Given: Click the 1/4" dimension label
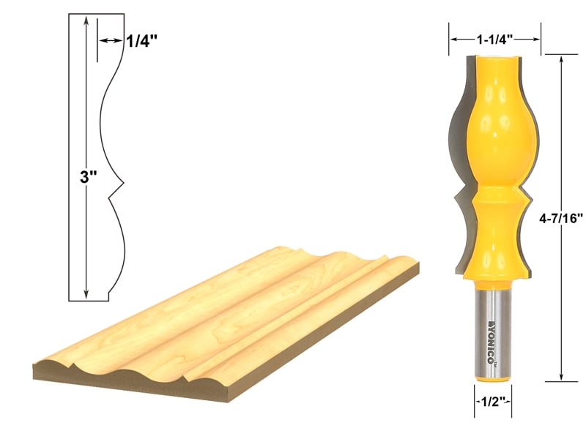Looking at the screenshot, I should pyautogui.click(x=142, y=42).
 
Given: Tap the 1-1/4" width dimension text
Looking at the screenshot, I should pyautogui.click(x=494, y=38).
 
